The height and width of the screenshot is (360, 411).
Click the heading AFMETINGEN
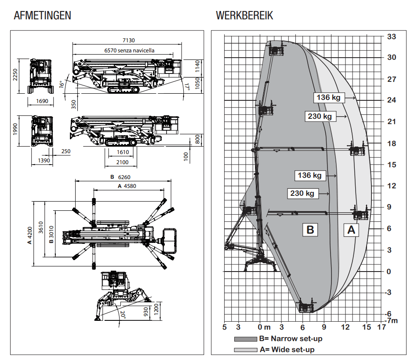pos(42,16)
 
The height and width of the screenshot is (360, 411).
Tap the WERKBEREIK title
pos(244,16)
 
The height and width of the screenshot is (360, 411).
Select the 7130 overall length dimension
pos(128,40)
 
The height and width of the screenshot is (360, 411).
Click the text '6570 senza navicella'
pos(129,51)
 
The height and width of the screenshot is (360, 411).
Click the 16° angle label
pos(62,84)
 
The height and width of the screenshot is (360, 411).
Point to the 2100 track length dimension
pos(123,162)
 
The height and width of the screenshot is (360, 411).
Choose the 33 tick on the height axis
pos(391,37)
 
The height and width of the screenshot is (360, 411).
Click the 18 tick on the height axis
pos(391,143)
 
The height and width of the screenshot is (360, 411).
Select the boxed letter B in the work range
pos(310,229)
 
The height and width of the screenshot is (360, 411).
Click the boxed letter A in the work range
pos(351,229)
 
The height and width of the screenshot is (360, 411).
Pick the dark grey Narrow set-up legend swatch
pos(245,339)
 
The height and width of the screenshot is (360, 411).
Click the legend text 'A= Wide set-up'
pos(287,349)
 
